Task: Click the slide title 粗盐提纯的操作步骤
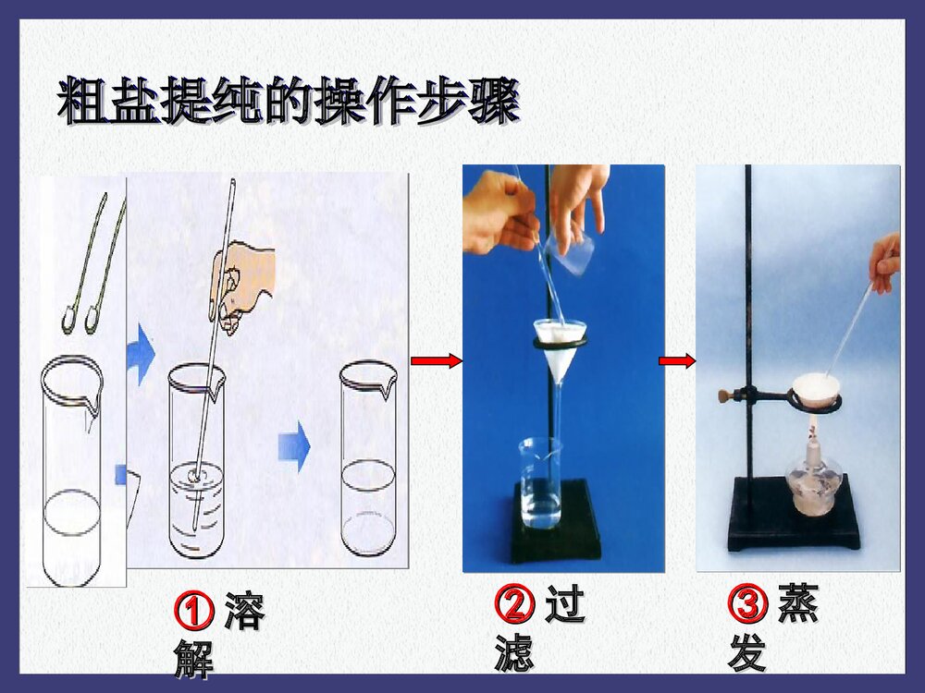(x=287, y=102)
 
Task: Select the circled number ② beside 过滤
(x=514, y=606)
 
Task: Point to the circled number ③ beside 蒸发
(x=747, y=605)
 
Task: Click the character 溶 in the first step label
(x=243, y=610)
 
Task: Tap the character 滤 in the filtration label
(x=514, y=652)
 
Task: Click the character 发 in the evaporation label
(x=747, y=652)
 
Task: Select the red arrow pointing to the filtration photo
(x=436, y=361)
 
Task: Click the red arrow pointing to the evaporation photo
(x=677, y=361)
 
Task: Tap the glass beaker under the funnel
(x=540, y=485)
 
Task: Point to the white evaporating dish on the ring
(x=814, y=388)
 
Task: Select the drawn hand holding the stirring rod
(x=242, y=282)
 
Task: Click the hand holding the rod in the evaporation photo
(x=885, y=263)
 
